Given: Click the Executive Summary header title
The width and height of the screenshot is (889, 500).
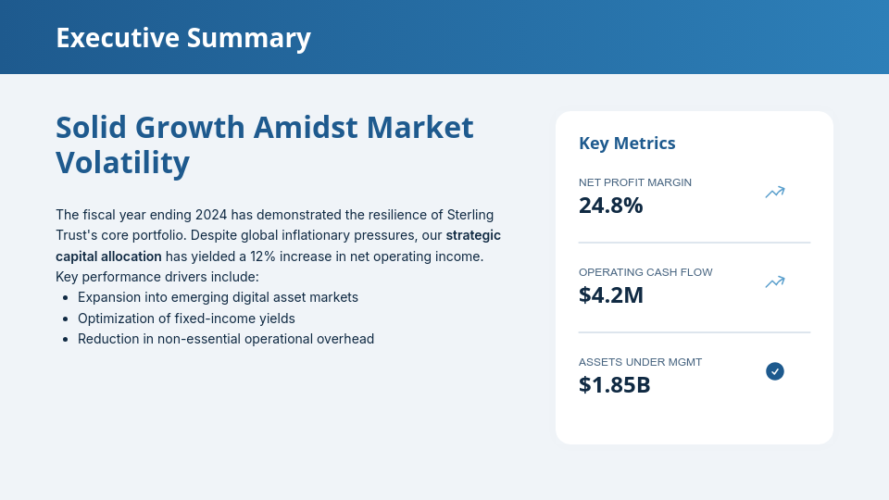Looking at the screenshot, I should (x=183, y=38).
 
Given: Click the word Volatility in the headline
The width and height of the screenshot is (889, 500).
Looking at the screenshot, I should (x=122, y=163).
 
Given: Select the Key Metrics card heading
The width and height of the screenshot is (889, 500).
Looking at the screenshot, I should (x=627, y=143).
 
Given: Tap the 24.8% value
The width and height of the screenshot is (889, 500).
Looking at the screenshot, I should (x=610, y=206).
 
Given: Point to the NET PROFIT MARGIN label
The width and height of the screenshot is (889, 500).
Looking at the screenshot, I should (x=634, y=182).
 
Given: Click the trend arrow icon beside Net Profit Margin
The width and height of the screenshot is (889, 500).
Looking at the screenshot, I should (x=774, y=193).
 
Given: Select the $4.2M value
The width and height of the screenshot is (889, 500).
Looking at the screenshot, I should (x=610, y=295).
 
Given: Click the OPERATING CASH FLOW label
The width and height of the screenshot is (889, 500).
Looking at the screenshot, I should (x=645, y=272).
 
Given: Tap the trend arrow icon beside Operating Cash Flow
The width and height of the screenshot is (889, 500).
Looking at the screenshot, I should (x=774, y=282).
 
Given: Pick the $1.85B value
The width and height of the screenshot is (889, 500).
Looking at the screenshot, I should (x=614, y=385).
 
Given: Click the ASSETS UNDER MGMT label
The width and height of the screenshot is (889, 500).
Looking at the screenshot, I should (x=640, y=362).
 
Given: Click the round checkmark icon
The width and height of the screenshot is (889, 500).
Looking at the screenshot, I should (x=775, y=371).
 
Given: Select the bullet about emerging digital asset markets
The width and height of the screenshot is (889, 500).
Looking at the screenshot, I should (x=218, y=297).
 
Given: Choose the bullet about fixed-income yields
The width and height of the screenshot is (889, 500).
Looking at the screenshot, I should (x=186, y=319).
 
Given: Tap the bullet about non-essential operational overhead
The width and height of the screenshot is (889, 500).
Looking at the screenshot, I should (x=226, y=339).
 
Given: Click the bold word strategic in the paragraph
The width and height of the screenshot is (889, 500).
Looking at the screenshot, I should (x=473, y=235).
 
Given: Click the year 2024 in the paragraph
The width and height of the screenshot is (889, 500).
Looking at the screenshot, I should (x=210, y=215).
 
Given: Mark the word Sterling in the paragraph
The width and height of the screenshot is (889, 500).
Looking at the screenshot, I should (x=469, y=215).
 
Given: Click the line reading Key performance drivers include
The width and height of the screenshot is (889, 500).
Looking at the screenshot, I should (x=157, y=277).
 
